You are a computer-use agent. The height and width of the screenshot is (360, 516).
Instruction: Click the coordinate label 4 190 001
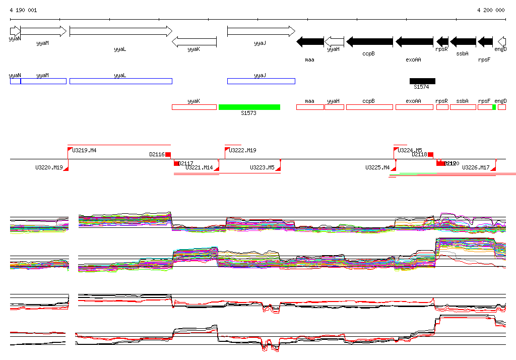[23, 10]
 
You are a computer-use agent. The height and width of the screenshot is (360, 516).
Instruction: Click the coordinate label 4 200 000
[491, 10]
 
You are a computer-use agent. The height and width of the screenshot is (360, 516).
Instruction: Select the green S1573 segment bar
[249, 107]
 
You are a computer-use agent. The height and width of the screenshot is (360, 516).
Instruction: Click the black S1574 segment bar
[422, 81]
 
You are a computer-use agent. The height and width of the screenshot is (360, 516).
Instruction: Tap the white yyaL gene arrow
[120, 32]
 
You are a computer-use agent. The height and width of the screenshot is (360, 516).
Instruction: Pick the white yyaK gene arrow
[194, 41]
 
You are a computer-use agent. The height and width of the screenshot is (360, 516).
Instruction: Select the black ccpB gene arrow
[369, 41]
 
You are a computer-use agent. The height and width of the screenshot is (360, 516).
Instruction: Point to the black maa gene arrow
[310, 41]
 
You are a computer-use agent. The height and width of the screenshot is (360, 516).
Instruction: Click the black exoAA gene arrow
[414, 41]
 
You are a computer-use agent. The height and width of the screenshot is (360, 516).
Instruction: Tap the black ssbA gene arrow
[463, 41]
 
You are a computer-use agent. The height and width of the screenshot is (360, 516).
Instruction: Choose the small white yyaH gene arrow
[334, 41]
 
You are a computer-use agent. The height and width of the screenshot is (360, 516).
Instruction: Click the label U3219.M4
[85, 150]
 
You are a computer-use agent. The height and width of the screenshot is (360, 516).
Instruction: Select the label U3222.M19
[242, 150]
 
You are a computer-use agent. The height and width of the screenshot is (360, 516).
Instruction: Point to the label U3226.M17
[476, 167]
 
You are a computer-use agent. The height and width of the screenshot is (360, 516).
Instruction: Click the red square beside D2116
[168, 154]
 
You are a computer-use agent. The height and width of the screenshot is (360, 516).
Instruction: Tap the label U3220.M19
[49, 167]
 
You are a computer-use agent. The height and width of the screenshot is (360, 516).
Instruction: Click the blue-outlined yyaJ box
[261, 81]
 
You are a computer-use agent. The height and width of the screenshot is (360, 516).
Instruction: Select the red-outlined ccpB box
[369, 107]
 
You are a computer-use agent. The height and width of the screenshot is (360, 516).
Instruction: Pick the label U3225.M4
[377, 167]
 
